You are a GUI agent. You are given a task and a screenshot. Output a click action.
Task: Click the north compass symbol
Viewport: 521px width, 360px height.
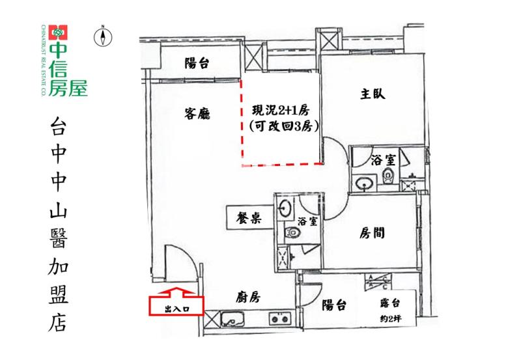102,36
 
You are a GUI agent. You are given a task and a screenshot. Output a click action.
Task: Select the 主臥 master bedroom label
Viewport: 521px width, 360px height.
373,94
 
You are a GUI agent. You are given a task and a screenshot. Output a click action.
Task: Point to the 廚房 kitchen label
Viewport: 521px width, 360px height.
248,298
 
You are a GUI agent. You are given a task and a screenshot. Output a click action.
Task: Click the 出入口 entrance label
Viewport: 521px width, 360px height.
177,311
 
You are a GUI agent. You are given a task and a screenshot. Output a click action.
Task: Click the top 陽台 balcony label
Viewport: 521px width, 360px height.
197,63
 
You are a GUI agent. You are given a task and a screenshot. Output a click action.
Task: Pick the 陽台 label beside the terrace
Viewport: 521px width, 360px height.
334,305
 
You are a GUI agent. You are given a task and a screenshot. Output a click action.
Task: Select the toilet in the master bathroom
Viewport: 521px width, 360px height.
389,174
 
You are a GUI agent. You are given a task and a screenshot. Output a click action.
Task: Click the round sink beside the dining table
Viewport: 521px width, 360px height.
285,208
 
